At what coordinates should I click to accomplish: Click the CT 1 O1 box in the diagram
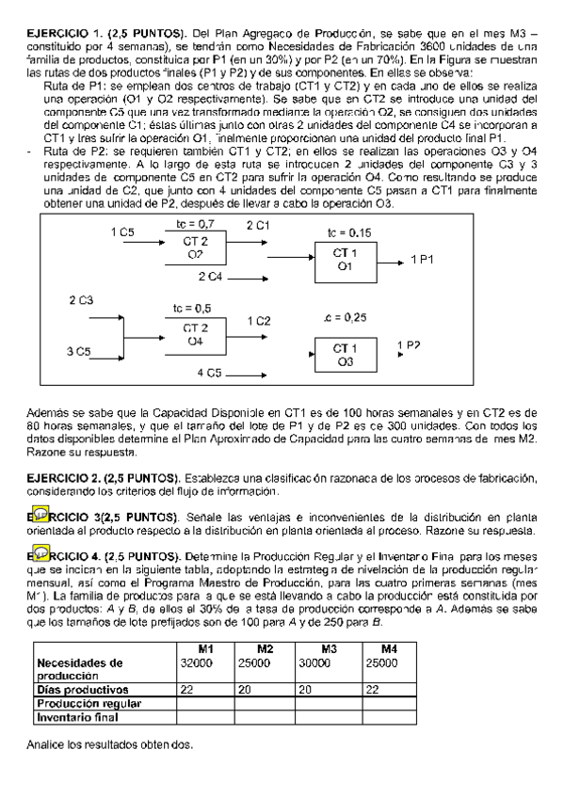(345, 260)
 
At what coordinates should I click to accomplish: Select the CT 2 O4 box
(195, 334)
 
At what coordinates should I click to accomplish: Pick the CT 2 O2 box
(195, 247)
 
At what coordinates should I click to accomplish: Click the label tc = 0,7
(195, 224)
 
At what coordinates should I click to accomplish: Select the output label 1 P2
(410, 345)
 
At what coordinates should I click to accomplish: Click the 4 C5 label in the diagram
(208, 374)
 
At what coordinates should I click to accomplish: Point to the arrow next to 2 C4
(248, 277)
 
